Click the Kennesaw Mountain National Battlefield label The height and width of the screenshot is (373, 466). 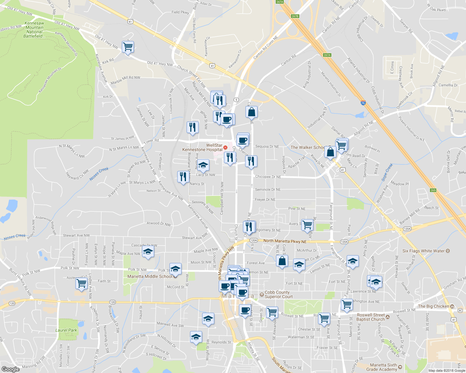[34, 30]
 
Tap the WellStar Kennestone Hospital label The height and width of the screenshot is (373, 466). [202, 147]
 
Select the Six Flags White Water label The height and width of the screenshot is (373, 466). [423, 251]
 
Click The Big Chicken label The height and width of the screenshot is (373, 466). [433, 306]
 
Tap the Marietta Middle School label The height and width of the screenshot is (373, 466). [150, 276]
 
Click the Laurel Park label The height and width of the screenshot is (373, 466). [66, 330]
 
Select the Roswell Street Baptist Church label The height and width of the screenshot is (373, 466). [371, 317]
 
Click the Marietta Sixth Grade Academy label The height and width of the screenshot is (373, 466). [383, 367]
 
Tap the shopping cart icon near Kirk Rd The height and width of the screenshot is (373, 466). [128, 47]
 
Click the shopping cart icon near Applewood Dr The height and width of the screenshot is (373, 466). [81, 283]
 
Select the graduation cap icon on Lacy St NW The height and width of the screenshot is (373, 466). [203, 165]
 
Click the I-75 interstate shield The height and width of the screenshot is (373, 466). [363, 103]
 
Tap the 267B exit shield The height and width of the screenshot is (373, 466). [295, 16]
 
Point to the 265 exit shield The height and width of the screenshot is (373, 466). [433, 190]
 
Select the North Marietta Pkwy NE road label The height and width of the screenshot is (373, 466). [285, 241]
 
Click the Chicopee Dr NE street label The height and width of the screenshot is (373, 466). [268, 177]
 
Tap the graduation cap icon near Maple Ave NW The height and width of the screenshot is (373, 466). [148, 251]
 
